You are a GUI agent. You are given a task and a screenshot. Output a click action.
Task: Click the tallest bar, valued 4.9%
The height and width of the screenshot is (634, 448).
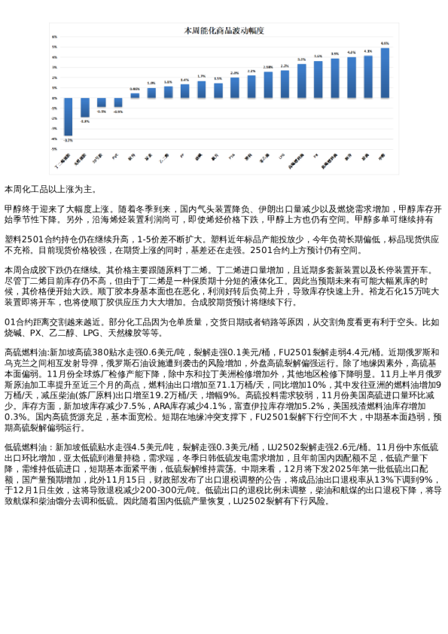pyautogui.click(x=385, y=73)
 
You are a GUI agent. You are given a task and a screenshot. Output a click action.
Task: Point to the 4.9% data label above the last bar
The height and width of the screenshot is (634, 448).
pyautogui.click(x=385, y=44)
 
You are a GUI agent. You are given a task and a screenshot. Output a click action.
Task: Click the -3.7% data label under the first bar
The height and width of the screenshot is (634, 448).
pyautogui.click(x=68, y=140)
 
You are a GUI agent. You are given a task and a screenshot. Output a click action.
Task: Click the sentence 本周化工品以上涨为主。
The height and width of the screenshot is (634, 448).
pyautogui.click(x=50, y=188)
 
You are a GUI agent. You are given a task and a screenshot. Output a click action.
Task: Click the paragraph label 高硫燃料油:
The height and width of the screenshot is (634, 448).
pyautogui.click(x=26, y=352)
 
